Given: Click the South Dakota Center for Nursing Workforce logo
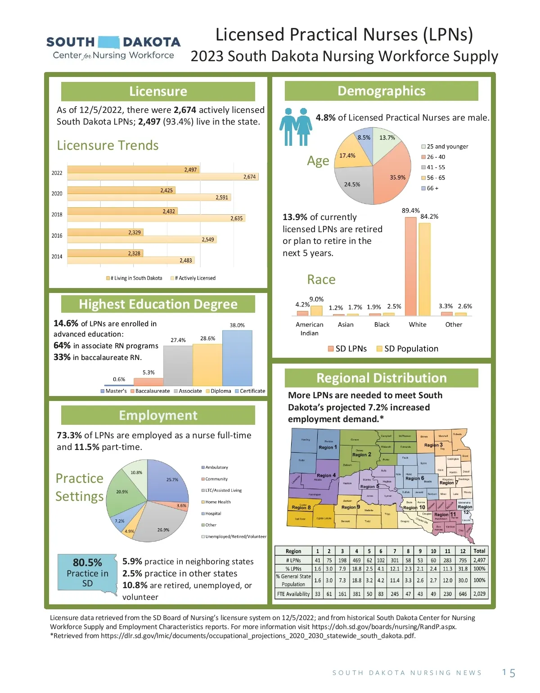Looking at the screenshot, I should click(113, 48).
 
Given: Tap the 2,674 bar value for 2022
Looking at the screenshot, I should click(249, 177).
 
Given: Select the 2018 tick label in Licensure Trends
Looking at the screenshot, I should click(57, 215).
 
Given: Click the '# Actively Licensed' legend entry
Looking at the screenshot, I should click(193, 278).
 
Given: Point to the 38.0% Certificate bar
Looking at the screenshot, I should click(237, 358).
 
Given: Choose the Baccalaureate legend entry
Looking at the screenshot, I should click(150, 391).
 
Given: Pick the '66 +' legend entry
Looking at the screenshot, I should click(430, 188).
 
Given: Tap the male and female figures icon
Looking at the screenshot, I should click(296, 127).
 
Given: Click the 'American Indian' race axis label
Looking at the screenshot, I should click(309, 328).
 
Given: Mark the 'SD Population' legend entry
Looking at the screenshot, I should click(407, 349).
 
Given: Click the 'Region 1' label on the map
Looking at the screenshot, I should click(328, 447).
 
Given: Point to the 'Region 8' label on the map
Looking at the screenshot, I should click(301, 507).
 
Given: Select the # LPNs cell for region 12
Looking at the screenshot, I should click(463, 560).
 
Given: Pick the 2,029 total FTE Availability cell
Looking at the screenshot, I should click(479, 594).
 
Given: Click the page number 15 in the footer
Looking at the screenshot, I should click(508, 673).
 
